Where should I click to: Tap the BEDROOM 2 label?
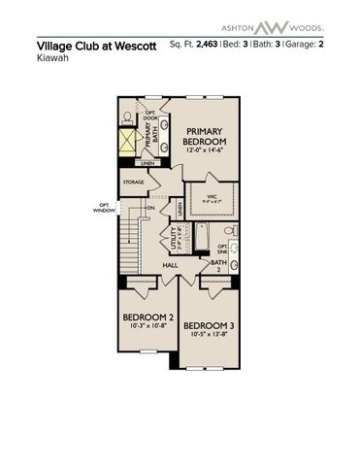coord(147,318)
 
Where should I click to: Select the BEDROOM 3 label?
coord(210,324)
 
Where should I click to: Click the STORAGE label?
coord(134,182)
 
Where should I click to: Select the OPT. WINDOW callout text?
coord(104,206)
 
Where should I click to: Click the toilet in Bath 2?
coord(229,231)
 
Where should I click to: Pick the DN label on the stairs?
coord(150,208)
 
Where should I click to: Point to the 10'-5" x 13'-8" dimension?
coord(210,334)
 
